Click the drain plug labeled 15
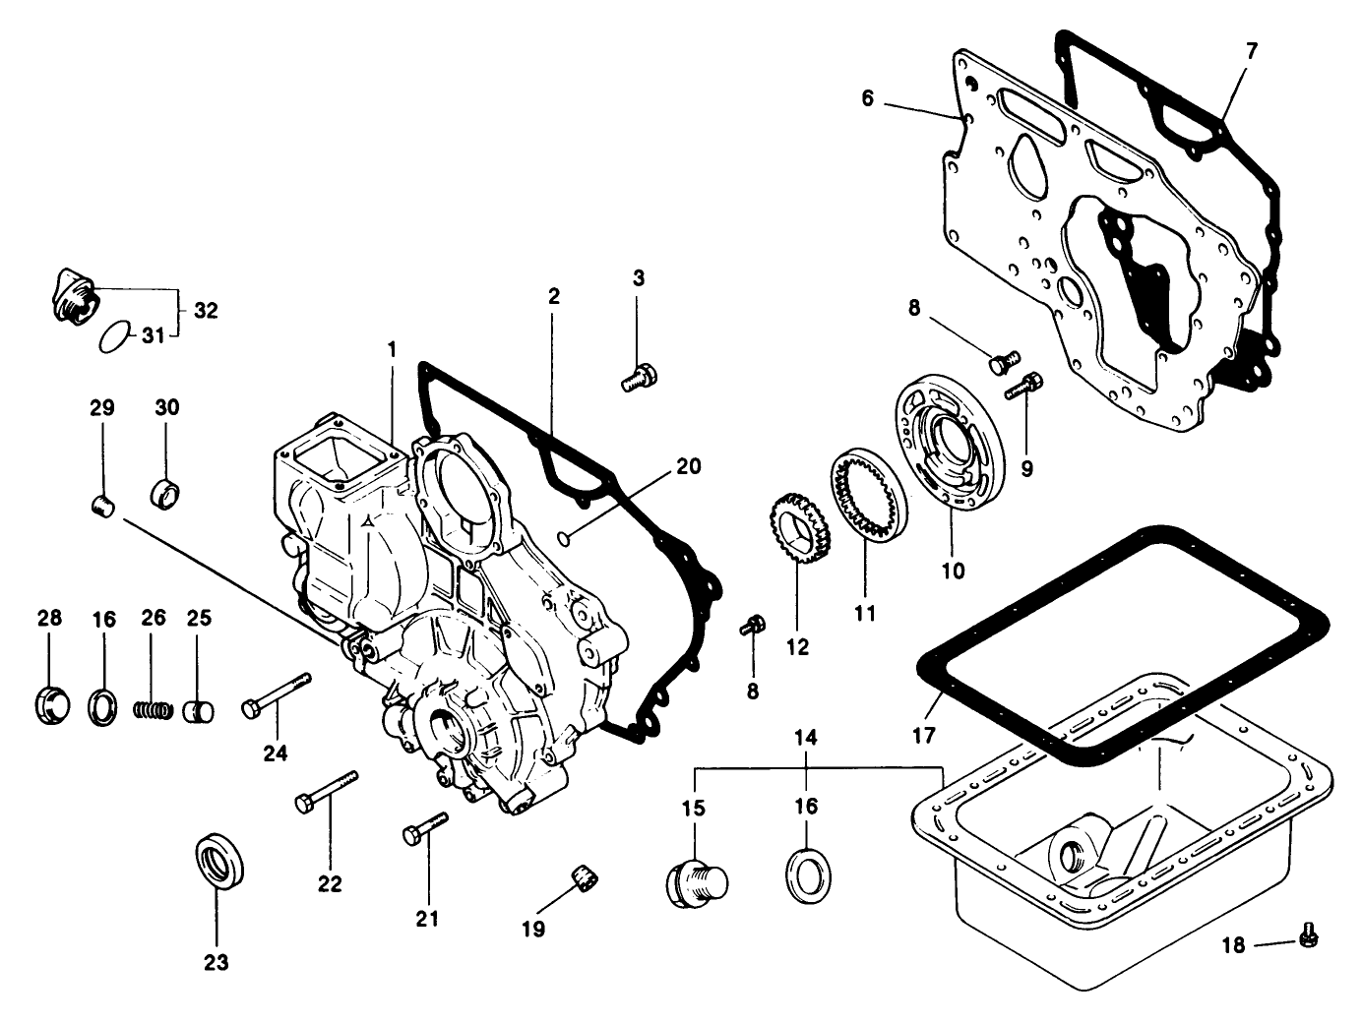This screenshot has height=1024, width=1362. (695, 877)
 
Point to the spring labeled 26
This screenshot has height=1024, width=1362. (153, 708)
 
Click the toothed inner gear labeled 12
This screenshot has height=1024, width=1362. (798, 532)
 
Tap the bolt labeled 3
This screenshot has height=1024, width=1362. (639, 378)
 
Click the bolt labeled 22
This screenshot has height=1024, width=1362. (326, 791)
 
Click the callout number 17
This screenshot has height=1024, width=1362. (923, 735)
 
